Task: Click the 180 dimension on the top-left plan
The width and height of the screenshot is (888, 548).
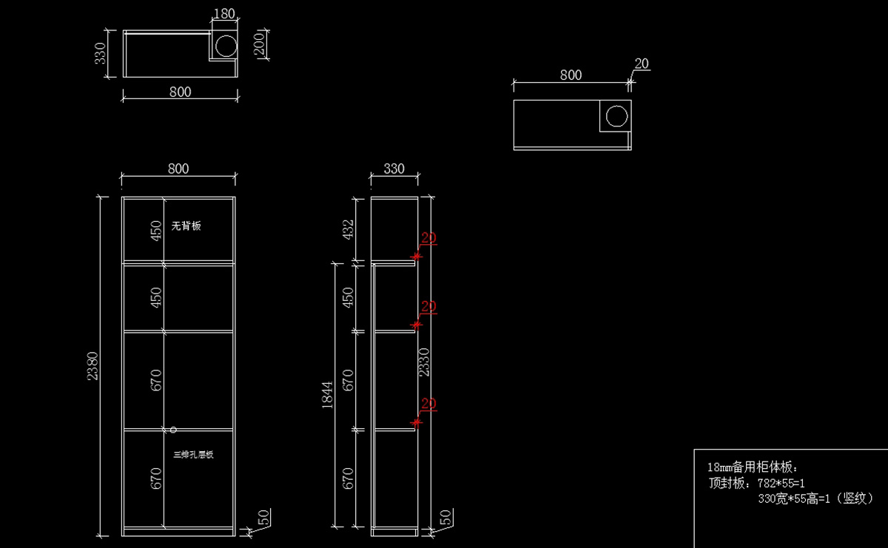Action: tap(223, 13)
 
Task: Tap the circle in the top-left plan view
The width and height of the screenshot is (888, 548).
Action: tap(224, 47)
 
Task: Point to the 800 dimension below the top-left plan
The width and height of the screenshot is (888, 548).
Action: tap(180, 92)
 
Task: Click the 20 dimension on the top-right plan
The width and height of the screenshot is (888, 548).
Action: tap(642, 64)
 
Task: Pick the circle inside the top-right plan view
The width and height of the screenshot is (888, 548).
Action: tap(616, 117)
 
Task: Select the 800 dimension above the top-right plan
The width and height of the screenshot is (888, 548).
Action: tap(571, 75)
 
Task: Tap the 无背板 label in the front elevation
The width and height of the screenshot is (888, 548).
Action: tap(186, 226)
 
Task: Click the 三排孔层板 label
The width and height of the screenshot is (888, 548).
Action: tap(193, 455)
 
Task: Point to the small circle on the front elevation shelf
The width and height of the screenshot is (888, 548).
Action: tap(172, 430)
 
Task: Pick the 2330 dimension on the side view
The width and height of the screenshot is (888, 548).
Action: tap(424, 362)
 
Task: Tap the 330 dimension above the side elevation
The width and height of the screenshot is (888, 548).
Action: tap(394, 169)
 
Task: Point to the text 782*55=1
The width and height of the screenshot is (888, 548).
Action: tap(781, 483)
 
